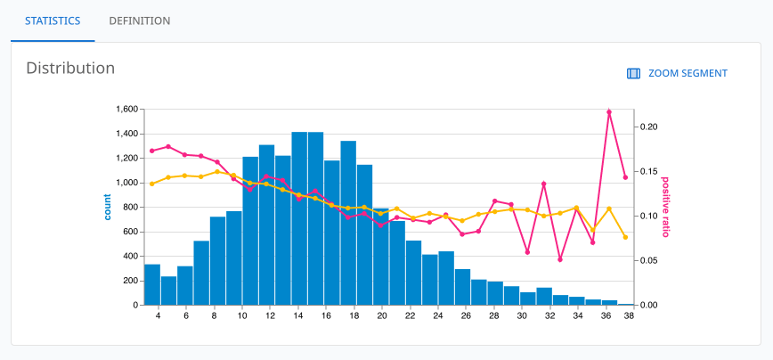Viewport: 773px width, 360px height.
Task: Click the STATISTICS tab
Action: click(53, 20)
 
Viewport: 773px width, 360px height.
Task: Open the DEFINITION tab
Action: click(139, 20)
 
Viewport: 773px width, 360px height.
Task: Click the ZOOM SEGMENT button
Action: click(678, 74)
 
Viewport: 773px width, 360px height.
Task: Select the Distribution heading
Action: click(70, 68)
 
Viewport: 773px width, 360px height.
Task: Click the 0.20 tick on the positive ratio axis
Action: click(648, 127)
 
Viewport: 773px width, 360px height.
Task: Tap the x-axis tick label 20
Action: click(382, 315)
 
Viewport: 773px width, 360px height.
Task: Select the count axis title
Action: click(108, 207)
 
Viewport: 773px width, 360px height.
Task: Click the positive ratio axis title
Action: click(664, 207)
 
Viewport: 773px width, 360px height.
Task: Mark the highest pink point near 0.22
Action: click(609, 112)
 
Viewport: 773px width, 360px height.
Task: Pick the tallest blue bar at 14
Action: click(299, 218)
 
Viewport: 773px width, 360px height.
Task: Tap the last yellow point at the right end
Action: click(625, 237)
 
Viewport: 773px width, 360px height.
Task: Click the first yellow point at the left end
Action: click(152, 184)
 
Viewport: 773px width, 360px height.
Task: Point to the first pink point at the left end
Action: click(152, 151)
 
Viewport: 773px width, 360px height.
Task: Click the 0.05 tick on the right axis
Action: click(648, 261)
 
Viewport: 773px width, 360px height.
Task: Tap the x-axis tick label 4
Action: click(159, 315)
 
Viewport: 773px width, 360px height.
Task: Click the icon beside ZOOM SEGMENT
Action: click(634, 74)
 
